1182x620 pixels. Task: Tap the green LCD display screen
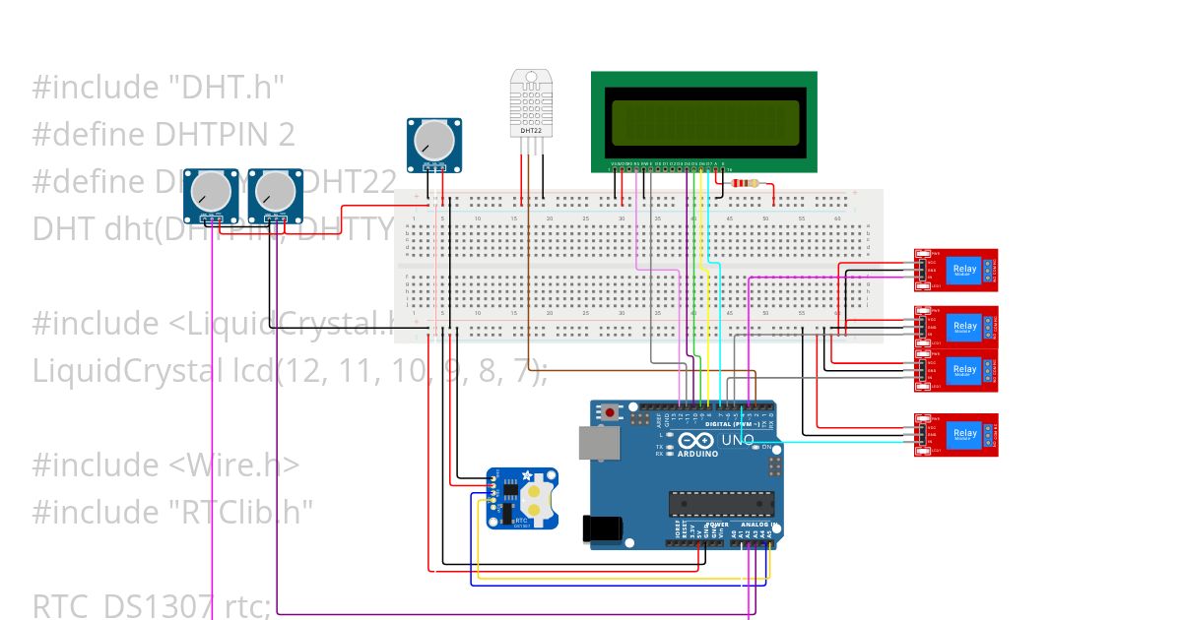click(703, 122)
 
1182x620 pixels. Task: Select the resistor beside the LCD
click(754, 183)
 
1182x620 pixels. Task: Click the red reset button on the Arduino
click(611, 411)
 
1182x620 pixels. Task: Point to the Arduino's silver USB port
click(601, 444)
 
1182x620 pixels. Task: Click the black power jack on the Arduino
click(601, 528)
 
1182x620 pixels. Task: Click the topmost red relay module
click(956, 270)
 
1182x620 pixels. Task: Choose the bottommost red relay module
click(956, 435)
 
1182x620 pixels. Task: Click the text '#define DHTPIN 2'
click(164, 135)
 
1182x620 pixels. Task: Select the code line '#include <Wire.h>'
click(165, 465)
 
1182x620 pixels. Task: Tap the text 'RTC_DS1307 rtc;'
click(152, 606)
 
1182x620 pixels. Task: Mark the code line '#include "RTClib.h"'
click(173, 512)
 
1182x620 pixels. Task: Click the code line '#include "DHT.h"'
click(159, 89)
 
